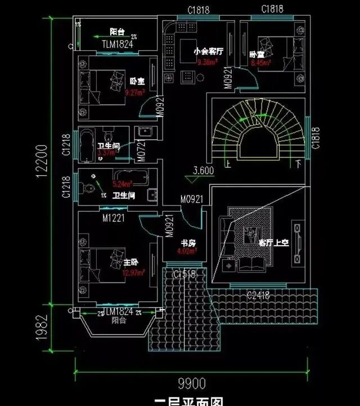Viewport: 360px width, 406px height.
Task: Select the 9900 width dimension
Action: tap(192, 384)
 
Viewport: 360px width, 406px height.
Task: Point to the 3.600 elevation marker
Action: tap(204, 170)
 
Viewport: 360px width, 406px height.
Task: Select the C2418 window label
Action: tap(259, 294)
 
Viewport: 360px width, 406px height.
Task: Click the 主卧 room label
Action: tap(130, 262)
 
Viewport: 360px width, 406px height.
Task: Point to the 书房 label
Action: tap(187, 243)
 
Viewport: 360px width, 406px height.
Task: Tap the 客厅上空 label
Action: tap(273, 243)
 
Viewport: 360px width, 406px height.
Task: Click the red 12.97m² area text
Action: tap(133, 273)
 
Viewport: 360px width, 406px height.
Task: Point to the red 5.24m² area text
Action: tap(121, 184)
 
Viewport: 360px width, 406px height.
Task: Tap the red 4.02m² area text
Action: tap(187, 251)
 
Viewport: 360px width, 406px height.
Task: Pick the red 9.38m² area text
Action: tap(207, 63)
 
